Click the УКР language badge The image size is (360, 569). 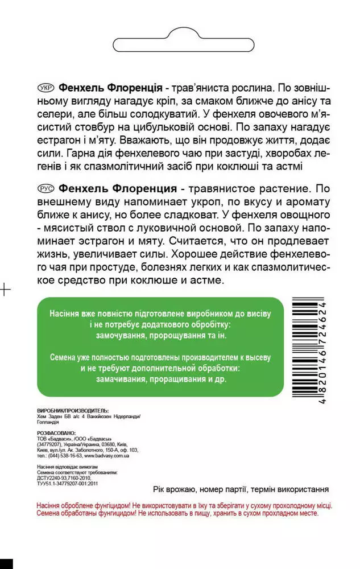click(44, 89)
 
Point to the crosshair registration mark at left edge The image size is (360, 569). click(5, 290)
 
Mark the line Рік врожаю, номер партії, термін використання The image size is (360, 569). click(241, 489)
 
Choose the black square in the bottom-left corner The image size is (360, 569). click(6, 564)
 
